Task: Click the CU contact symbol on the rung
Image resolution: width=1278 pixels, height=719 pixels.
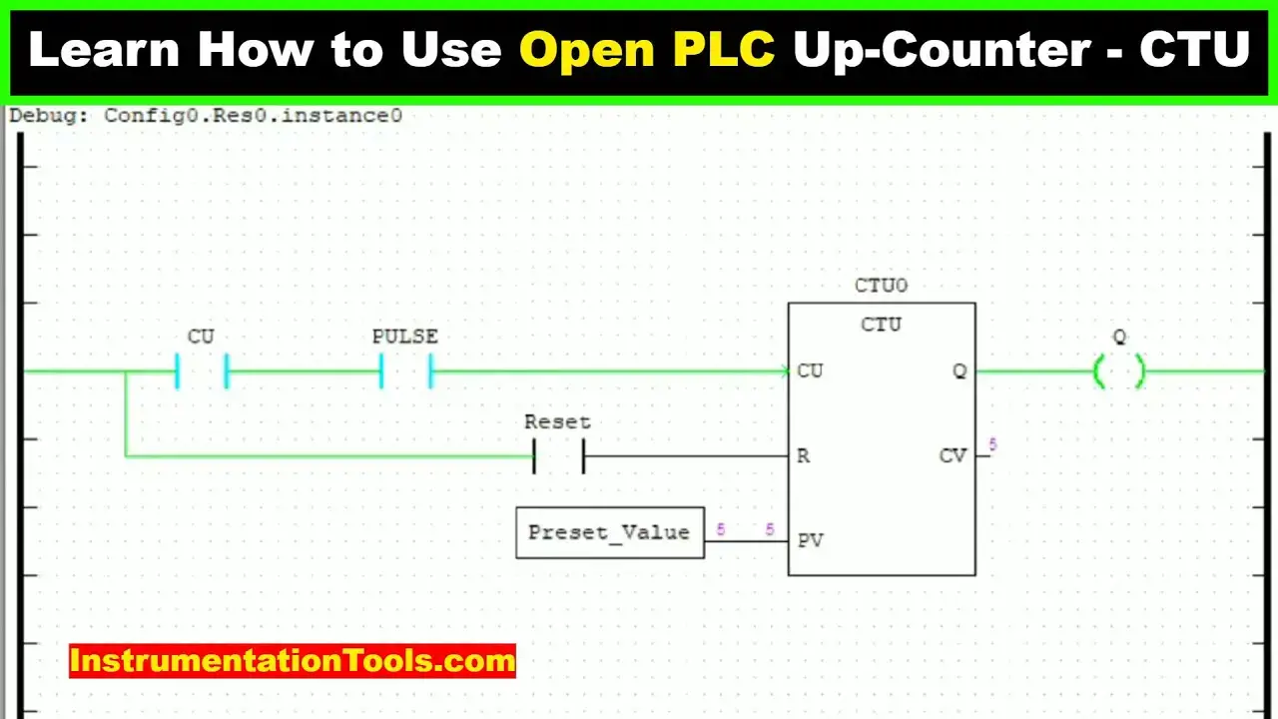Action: click(177, 371)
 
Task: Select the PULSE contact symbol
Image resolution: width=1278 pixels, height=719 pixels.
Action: click(381, 371)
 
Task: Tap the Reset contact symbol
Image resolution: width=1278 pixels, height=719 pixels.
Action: click(534, 456)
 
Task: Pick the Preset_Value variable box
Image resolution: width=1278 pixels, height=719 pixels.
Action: click(610, 532)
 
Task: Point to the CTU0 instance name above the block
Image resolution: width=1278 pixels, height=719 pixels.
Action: click(881, 286)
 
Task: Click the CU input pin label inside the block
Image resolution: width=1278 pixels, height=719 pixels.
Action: click(810, 370)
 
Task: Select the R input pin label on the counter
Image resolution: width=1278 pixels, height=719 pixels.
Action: click(803, 456)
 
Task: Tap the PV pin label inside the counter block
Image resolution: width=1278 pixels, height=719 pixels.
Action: click(810, 540)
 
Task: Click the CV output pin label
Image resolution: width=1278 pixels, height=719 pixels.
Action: click(953, 455)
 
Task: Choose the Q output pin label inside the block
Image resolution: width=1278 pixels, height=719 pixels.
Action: click(959, 371)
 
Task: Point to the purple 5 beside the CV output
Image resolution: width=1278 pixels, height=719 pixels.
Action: click(992, 444)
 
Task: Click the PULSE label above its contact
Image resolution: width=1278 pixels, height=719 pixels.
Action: click(405, 337)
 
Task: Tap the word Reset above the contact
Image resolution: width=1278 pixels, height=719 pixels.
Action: click(557, 422)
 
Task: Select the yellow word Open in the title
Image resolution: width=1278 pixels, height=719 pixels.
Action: click(587, 51)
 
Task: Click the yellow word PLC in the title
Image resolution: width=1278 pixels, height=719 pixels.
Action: click(724, 49)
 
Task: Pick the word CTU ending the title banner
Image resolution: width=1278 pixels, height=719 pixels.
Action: click(1195, 49)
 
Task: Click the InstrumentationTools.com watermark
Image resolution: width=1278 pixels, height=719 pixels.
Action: click(293, 661)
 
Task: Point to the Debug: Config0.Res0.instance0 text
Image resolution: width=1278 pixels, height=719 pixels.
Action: click(206, 116)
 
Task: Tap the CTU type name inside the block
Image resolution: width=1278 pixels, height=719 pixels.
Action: click(881, 325)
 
